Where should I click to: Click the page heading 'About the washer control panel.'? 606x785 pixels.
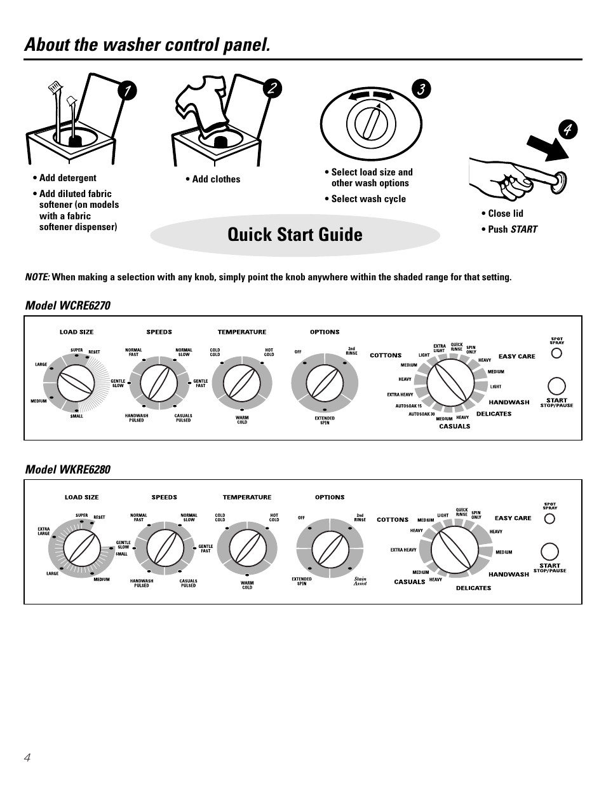(147, 44)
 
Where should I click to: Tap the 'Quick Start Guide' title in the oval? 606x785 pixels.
(295, 235)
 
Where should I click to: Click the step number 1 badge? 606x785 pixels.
(127, 90)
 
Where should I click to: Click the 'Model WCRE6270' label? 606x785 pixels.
(67, 306)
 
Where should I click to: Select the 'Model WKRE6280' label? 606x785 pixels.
(67, 470)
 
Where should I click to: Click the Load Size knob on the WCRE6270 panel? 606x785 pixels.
(76, 384)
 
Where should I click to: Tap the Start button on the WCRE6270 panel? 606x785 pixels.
(556, 386)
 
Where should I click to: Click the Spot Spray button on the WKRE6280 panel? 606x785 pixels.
(549, 519)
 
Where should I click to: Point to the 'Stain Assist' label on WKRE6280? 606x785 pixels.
(360, 581)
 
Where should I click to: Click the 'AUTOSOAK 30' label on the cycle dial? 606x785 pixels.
(422, 414)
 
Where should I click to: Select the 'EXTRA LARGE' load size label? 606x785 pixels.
(44, 531)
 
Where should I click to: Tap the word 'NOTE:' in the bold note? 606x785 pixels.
(37, 277)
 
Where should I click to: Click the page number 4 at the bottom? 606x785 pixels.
(27, 757)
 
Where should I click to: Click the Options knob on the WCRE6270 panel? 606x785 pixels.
(325, 384)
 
